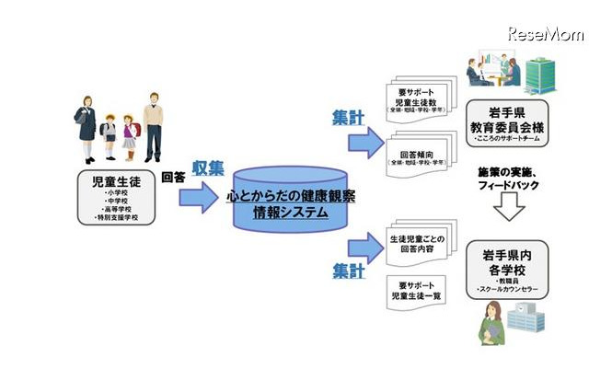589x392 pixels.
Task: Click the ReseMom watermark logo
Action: [x=545, y=34]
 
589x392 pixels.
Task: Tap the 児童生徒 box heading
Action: [x=115, y=184]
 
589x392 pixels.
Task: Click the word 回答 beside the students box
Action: [x=174, y=177]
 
